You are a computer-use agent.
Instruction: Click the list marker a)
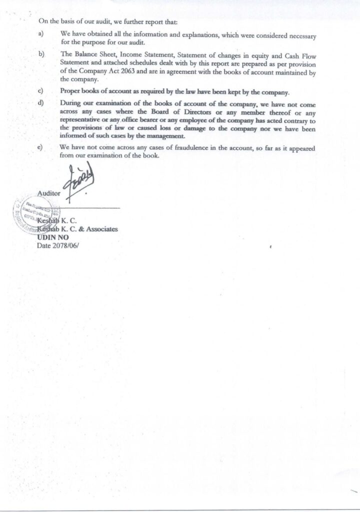(x=39, y=34)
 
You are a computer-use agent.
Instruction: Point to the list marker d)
(x=40, y=103)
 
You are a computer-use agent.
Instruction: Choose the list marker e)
(x=40, y=148)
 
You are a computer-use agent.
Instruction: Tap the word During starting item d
(x=70, y=103)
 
